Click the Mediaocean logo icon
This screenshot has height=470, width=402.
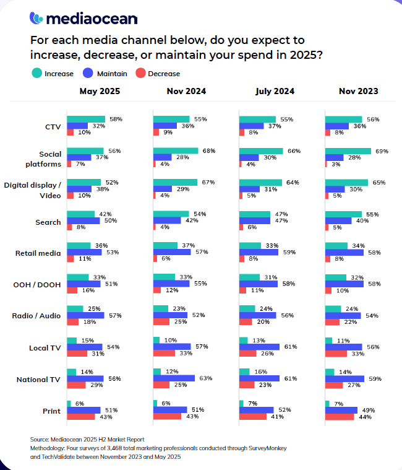pyautogui.click(x=36, y=19)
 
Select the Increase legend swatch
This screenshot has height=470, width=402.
pyautogui.click(x=36, y=74)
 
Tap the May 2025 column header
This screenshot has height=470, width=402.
pyautogui.click(x=100, y=92)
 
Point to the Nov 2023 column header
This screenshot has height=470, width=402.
pyautogui.click(x=358, y=92)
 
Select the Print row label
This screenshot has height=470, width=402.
pyautogui.click(x=51, y=410)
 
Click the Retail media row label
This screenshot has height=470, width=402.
pyautogui.click(x=38, y=253)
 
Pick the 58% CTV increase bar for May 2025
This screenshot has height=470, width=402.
pyautogui.click(x=85, y=119)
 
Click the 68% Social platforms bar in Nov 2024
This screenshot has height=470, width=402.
pyautogui.click(x=176, y=151)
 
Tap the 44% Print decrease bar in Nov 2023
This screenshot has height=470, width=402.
pyautogui.click(x=340, y=417)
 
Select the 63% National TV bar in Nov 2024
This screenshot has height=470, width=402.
pyautogui.click(x=174, y=378)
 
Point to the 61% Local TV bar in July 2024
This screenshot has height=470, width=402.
pyautogui.click(x=259, y=347)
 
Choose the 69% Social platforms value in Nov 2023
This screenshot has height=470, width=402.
pyautogui.click(x=382, y=151)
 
